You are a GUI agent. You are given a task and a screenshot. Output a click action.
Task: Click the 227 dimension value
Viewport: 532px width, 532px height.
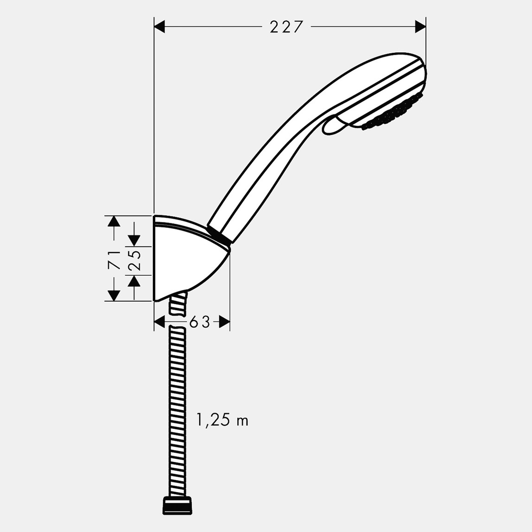coord(286,27)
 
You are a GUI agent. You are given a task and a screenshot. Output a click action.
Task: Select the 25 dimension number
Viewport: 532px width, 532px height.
coord(134,261)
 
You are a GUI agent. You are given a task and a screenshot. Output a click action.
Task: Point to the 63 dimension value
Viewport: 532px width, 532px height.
coord(199,322)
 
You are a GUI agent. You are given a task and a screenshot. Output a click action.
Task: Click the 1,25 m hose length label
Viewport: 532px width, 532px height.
coord(222,420)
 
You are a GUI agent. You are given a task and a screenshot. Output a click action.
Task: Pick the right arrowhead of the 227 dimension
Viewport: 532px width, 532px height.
coord(420,27)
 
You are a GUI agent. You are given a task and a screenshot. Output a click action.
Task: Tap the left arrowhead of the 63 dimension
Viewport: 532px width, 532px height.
coord(160,322)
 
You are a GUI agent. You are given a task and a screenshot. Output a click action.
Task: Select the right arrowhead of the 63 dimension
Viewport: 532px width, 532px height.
coord(224,322)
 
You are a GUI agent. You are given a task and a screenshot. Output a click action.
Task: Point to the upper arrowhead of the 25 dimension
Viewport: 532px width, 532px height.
coord(134,240)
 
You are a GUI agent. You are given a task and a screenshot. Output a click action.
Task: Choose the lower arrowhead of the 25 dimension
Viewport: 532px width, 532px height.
coord(134,281)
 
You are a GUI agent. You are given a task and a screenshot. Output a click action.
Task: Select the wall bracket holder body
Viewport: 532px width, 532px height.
coord(185,260)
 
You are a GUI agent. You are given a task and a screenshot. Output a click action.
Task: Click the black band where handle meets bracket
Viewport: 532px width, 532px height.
coord(220,234)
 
